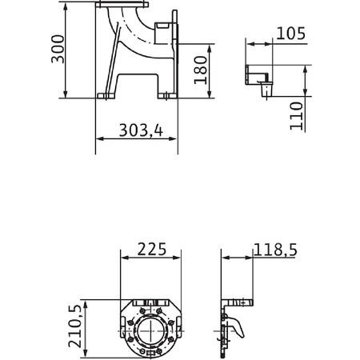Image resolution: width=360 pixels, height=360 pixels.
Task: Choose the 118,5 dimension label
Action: coord(275,250)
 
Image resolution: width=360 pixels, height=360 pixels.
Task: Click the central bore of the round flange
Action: coord(150,330)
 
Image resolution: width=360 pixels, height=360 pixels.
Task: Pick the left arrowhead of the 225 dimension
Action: coord(123,258)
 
